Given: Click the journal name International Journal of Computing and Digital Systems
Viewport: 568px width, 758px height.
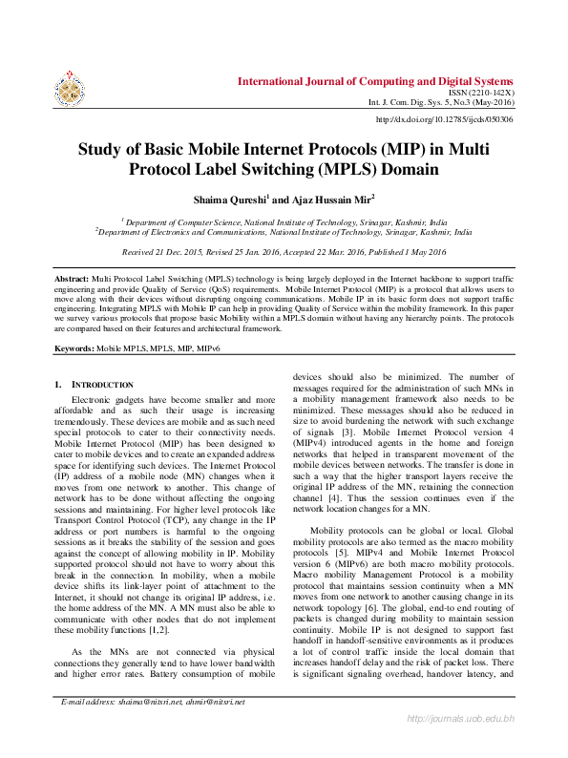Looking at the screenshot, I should [375, 81].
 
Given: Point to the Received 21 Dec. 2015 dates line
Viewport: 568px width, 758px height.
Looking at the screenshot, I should [284, 252].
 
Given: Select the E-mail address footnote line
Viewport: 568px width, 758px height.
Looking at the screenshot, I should [153, 728].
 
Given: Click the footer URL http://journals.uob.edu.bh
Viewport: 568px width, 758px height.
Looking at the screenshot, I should [461, 743].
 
